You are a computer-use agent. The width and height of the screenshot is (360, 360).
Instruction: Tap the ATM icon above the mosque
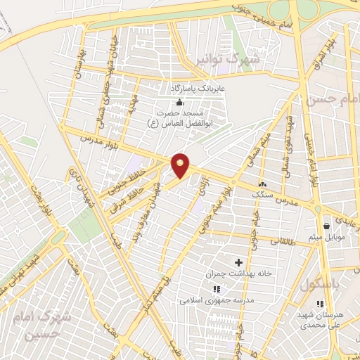(x=179, y=103)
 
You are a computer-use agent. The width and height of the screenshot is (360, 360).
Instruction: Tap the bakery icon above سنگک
(x=264, y=184)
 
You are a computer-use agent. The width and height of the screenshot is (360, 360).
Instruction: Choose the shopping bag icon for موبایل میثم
(x=327, y=226)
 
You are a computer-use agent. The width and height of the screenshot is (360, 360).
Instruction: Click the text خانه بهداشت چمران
(x=232, y=273)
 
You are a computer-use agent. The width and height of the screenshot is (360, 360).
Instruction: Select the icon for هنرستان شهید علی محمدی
(x=321, y=304)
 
